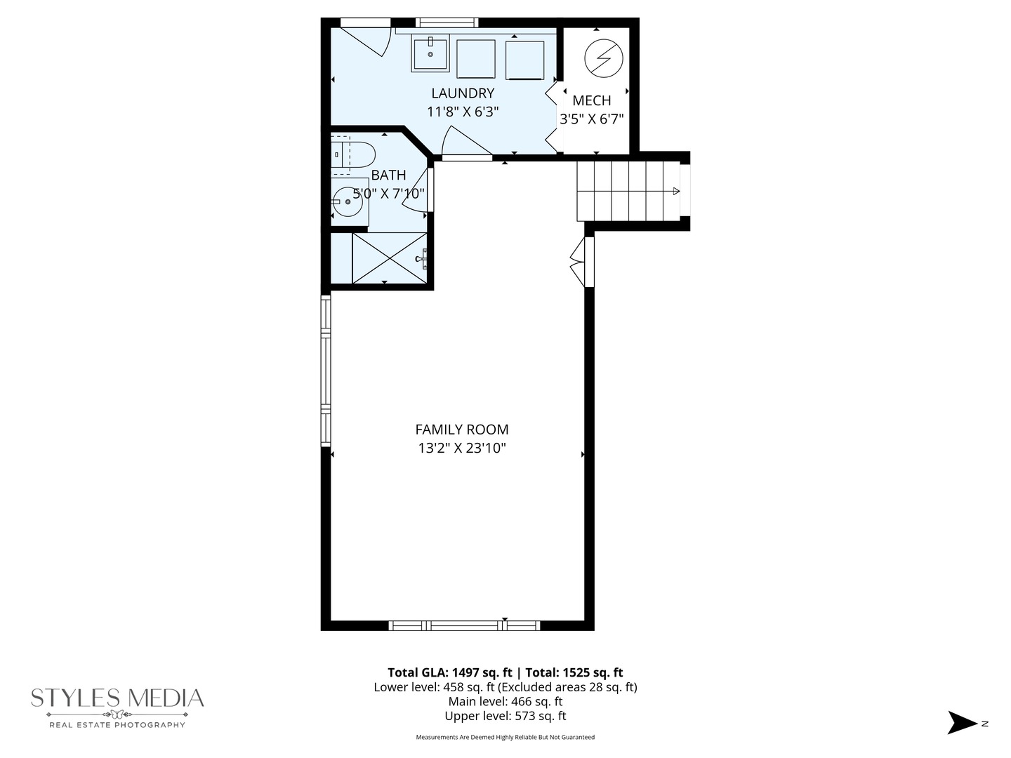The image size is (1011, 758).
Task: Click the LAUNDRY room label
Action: [463, 93]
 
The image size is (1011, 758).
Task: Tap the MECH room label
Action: [591, 100]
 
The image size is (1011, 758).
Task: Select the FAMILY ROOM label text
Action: [462, 430]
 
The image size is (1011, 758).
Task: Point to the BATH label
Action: [388, 175]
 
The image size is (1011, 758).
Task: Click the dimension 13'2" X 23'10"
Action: [462, 448]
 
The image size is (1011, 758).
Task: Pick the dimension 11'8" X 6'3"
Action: [463, 112]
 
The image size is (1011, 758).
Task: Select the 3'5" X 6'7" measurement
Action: [591, 119]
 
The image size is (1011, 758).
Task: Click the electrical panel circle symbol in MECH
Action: [603, 58]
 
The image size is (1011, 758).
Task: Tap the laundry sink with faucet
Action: [430, 54]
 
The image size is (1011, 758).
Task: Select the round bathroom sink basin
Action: [348, 201]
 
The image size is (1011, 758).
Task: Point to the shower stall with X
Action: [389, 258]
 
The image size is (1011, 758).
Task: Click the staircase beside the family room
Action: [628, 191]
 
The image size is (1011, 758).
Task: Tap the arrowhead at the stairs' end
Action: [676, 191]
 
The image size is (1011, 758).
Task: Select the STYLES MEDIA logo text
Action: [117, 698]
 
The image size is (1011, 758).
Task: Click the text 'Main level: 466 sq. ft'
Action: [505, 701]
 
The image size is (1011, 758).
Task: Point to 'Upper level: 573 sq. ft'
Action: [505, 716]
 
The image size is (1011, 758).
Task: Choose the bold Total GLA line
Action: [505, 672]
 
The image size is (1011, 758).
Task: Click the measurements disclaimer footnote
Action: [505, 737]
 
